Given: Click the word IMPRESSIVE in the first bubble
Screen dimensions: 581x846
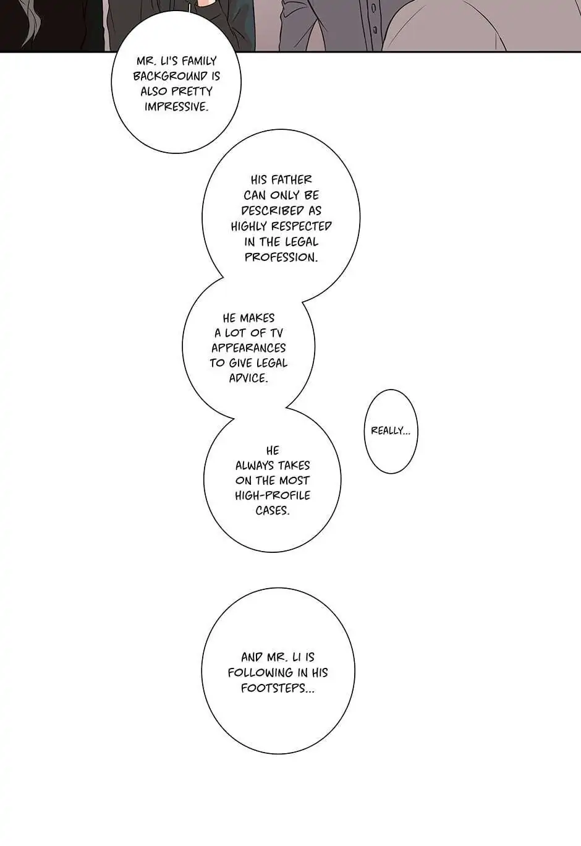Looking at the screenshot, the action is (176, 107).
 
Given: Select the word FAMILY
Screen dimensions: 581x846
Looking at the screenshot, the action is (199, 61).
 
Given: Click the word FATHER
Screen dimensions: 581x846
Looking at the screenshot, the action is (292, 180).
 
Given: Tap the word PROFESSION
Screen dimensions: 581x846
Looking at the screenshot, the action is (281, 257).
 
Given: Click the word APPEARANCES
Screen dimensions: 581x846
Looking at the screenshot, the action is (248, 348).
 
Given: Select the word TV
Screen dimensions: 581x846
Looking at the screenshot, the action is (276, 333).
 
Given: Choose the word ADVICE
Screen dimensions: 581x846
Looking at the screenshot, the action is (248, 378).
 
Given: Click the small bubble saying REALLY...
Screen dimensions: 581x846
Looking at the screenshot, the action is (391, 431).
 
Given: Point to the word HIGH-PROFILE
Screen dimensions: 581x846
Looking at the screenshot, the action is (273, 495).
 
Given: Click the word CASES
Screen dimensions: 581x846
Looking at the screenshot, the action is (272, 511).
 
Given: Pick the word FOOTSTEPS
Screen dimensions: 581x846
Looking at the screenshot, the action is (278, 688).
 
